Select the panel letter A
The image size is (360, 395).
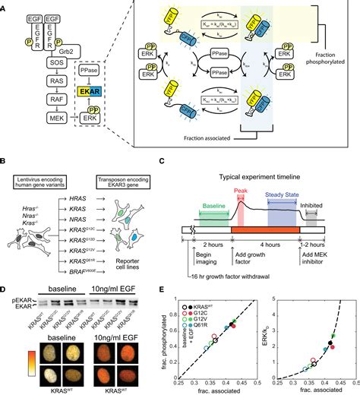pyautogui.click(x=6, y=6)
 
